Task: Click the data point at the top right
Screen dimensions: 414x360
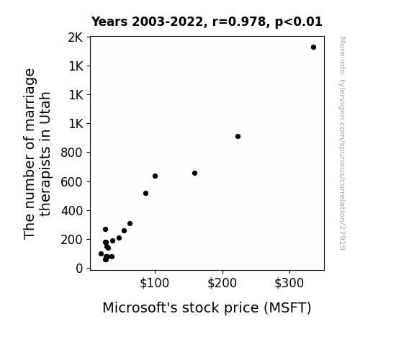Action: point(313,48)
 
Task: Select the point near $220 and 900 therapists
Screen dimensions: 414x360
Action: point(238,137)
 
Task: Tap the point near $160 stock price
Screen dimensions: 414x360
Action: point(194,174)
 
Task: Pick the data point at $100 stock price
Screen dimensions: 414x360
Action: point(155,176)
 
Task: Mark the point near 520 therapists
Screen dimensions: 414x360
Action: point(145,194)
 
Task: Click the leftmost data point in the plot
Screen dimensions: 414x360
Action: point(101,254)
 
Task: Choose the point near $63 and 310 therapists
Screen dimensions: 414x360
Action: point(130,224)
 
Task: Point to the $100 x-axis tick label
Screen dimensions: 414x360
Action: point(155,283)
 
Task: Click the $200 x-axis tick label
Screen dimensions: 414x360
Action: point(222,283)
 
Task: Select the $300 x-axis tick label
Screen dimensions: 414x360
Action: point(289,283)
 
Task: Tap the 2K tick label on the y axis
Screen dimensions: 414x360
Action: point(76,37)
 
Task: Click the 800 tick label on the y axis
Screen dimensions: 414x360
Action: point(71,153)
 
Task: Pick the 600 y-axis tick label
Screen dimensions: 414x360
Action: point(71,182)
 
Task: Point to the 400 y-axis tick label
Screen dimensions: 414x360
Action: point(72,211)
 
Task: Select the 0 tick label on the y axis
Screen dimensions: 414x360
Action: point(79,269)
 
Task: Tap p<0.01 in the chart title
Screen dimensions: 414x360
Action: point(299,22)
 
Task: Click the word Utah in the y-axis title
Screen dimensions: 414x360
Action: point(45,108)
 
